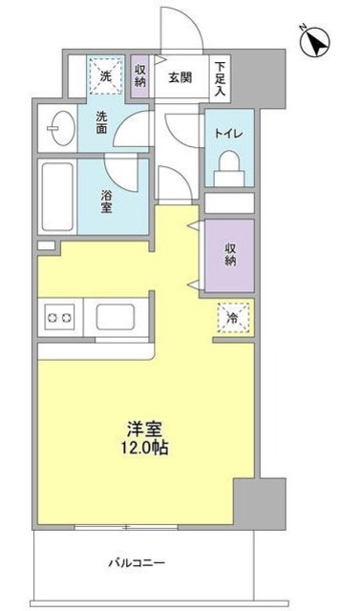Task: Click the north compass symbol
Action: tap(316, 43)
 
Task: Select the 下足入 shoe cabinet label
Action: tap(220, 78)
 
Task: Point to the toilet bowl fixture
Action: tap(228, 171)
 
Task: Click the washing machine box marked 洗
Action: tap(105, 74)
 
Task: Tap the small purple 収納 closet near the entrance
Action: tap(140, 74)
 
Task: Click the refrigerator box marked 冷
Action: tap(231, 317)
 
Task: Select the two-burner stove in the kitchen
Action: tap(59, 315)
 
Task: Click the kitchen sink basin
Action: tap(115, 316)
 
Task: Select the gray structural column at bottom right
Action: tap(260, 501)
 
